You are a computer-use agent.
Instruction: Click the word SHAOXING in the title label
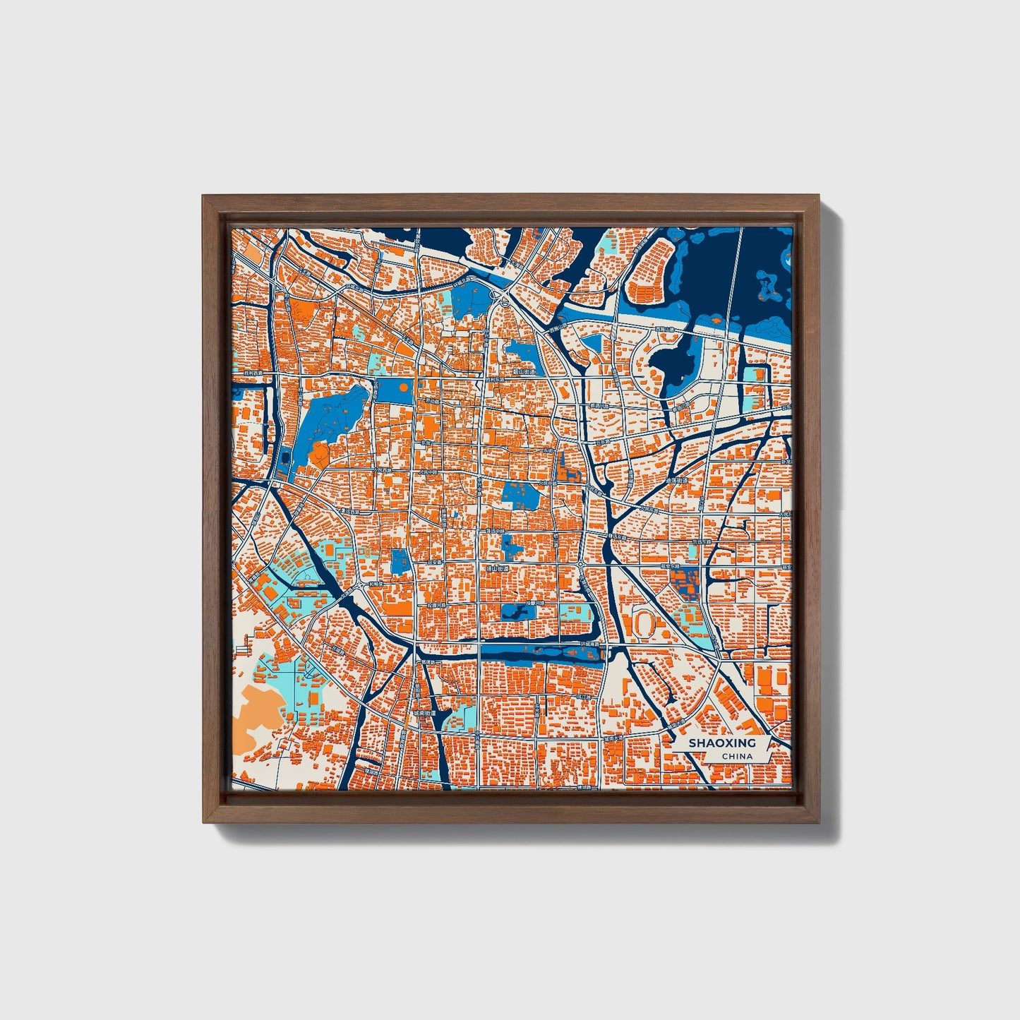click(x=721, y=743)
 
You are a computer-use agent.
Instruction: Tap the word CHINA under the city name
click(x=736, y=757)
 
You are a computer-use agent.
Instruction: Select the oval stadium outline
click(x=644, y=622)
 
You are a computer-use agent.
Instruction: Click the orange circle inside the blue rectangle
click(x=402, y=388)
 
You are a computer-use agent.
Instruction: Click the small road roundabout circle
click(x=505, y=303)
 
